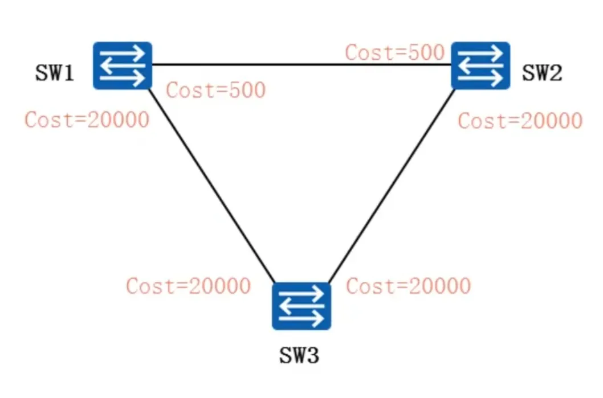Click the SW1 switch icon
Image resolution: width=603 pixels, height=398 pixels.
coord(123,65)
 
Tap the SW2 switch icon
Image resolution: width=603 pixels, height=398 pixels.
coord(480,65)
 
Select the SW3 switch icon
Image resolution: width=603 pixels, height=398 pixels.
coord(301,306)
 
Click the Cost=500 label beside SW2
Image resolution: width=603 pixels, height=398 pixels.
coord(394,52)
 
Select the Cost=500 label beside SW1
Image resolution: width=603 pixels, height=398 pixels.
coord(216,91)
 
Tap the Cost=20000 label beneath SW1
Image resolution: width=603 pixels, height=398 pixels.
coord(87,120)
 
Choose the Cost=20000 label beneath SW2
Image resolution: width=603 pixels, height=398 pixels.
coord(520,121)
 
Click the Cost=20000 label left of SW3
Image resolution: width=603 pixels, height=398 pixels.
coord(189,286)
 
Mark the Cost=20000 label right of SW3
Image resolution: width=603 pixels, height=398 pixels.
coord(409,286)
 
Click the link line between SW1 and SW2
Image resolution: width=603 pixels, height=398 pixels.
coord(302,64)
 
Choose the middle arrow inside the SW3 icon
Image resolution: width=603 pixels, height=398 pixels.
coord(300,306)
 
